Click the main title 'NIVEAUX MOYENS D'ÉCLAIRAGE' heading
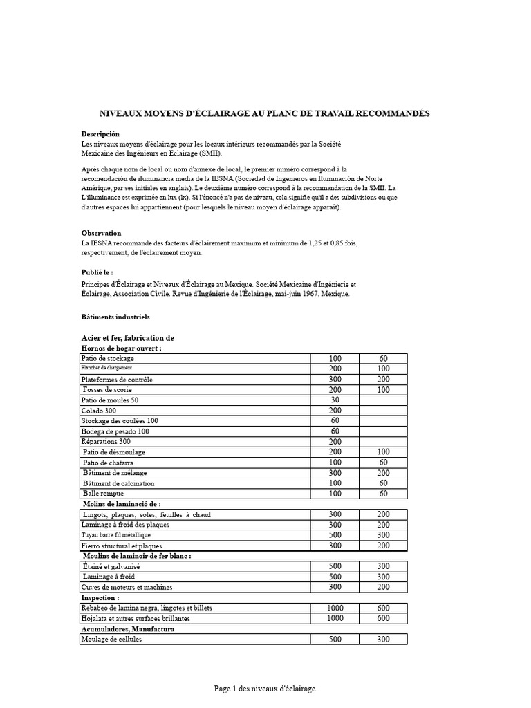coord(265,113)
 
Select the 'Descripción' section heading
coord(100,133)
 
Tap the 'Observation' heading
coord(101,233)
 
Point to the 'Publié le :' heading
coord(97,272)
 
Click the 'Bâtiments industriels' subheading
coord(115,317)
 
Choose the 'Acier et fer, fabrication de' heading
coord(127,337)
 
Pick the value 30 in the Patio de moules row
coord(335,400)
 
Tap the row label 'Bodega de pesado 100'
coord(115,431)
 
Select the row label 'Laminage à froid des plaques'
coord(125,525)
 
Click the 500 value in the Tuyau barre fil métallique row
coord(335,534)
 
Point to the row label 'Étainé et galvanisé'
coord(111,566)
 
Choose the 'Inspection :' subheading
coord(100,597)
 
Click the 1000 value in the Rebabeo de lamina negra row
coord(335,608)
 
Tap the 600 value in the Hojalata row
coord(383,618)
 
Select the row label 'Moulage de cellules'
coord(111,640)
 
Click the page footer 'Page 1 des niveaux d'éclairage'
coord(265,689)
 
